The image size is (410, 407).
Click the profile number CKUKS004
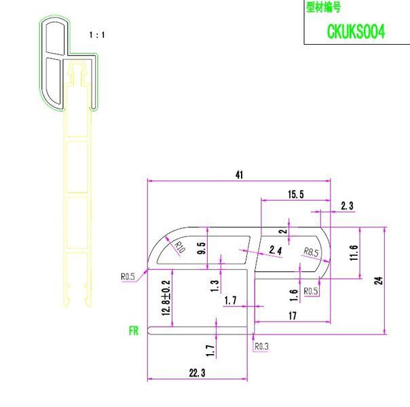[356, 31]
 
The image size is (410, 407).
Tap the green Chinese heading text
[323, 7]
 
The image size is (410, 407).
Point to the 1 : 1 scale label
[97, 35]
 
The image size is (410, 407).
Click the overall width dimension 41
[239, 175]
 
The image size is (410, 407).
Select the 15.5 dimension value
[296, 195]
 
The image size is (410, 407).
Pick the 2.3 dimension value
[347, 206]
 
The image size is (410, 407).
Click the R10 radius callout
[180, 247]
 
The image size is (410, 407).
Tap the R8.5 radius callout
[311, 252]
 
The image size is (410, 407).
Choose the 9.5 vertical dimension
[202, 248]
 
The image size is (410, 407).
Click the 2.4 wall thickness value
[276, 250]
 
